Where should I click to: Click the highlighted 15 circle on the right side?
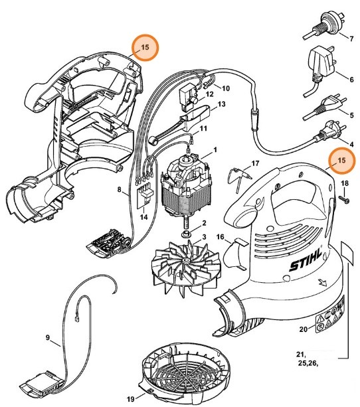click(342, 161)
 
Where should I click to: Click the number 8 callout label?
click(119, 190)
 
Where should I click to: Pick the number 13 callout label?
click(222, 104)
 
